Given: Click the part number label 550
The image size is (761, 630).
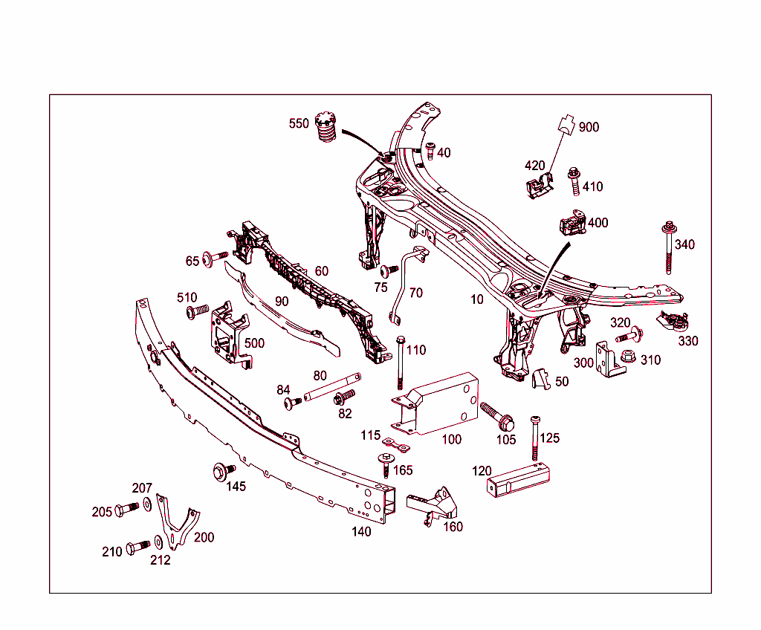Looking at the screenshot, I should pyautogui.click(x=299, y=123).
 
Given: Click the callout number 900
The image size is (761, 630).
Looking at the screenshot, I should pyautogui.click(x=589, y=127).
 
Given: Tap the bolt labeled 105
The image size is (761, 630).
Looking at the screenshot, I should pyautogui.click(x=497, y=416).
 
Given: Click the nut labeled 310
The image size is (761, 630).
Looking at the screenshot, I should pyautogui.click(x=629, y=358).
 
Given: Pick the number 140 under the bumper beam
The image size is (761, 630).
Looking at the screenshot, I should pyautogui.click(x=361, y=531).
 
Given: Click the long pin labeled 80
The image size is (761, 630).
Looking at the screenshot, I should pyautogui.click(x=331, y=386).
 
